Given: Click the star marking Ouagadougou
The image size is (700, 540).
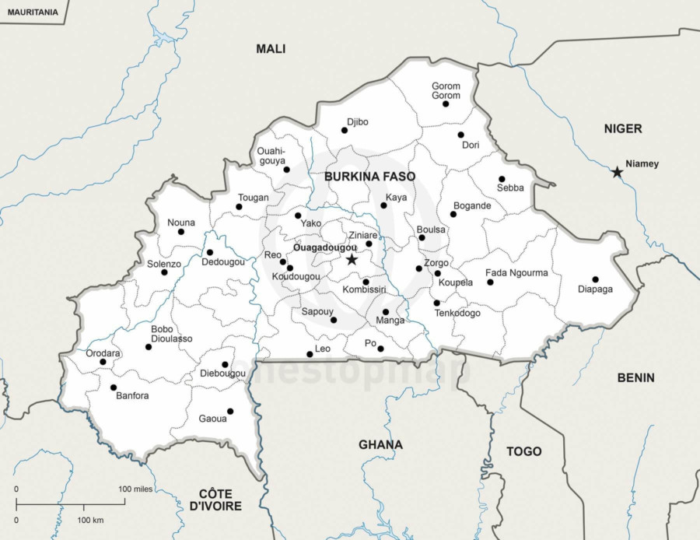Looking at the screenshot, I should click(x=352, y=259).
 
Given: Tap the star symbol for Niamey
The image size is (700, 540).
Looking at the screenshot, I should click(x=617, y=171).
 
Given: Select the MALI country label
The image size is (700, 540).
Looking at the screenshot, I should click(x=271, y=49).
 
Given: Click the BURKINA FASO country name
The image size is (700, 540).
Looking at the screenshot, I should click(x=369, y=177).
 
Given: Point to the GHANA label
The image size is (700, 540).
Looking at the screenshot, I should click(x=380, y=445).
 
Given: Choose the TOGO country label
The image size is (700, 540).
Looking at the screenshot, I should click(x=523, y=451).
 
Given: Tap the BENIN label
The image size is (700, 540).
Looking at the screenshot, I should click(x=635, y=378).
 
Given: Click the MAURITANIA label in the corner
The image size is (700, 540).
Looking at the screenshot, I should click(x=32, y=12).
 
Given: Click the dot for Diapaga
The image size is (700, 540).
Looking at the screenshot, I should click(x=595, y=279).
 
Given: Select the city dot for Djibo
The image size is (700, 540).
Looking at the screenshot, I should click(x=345, y=130).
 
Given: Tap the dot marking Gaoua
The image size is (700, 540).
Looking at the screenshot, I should click(x=229, y=412).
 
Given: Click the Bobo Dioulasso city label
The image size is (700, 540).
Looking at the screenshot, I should click(x=172, y=334).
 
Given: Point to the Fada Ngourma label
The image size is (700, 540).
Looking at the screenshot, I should click(x=516, y=273).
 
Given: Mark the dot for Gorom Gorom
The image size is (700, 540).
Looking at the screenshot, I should click(x=446, y=103).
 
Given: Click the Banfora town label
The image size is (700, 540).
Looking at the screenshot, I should click(x=131, y=395).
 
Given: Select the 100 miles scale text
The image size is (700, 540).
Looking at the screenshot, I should click(x=135, y=489).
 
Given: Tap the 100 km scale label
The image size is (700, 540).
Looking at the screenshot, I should click(x=91, y=520).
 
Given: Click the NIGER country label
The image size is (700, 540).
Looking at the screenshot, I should click(x=623, y=128).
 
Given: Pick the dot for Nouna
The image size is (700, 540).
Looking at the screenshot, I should click(x=181, y=231).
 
